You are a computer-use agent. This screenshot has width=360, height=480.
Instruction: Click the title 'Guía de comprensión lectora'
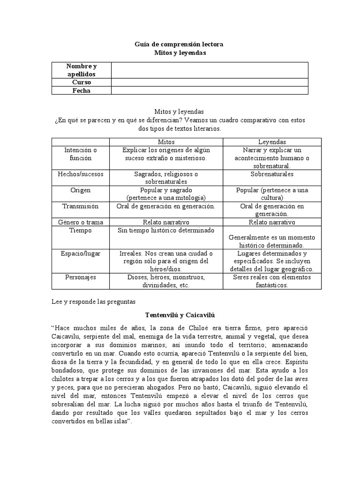pos(180,44)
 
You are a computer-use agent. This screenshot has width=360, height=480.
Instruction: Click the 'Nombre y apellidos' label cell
pos(81,70)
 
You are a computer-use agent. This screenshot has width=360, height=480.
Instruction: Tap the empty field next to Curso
pos(210,82)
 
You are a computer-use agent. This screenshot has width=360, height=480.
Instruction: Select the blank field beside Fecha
pos(210,90)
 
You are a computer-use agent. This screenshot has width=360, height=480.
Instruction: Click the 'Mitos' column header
pos(166,142)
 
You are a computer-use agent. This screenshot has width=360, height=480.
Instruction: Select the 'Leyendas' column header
pos(272,142)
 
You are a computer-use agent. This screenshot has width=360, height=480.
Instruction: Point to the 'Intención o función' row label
pos(81,154)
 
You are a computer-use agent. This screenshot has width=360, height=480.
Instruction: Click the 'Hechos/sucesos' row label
pos(81,174)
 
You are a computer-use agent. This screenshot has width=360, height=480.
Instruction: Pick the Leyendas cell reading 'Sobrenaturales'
pos(272,174)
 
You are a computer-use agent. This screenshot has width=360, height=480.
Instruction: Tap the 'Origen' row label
pos(81,190)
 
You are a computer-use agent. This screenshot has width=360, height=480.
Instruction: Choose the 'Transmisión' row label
pos(81,206)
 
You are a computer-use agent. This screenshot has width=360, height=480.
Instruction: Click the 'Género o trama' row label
pos(81,222)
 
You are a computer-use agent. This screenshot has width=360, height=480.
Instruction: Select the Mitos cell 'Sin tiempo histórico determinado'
pos(166,231)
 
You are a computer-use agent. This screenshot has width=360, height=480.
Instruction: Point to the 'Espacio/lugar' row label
pos(81,253)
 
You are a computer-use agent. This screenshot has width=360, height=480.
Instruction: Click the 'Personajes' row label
pos(81,277)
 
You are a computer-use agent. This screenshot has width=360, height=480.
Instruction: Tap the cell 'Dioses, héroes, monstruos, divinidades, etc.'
pos(166,281)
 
